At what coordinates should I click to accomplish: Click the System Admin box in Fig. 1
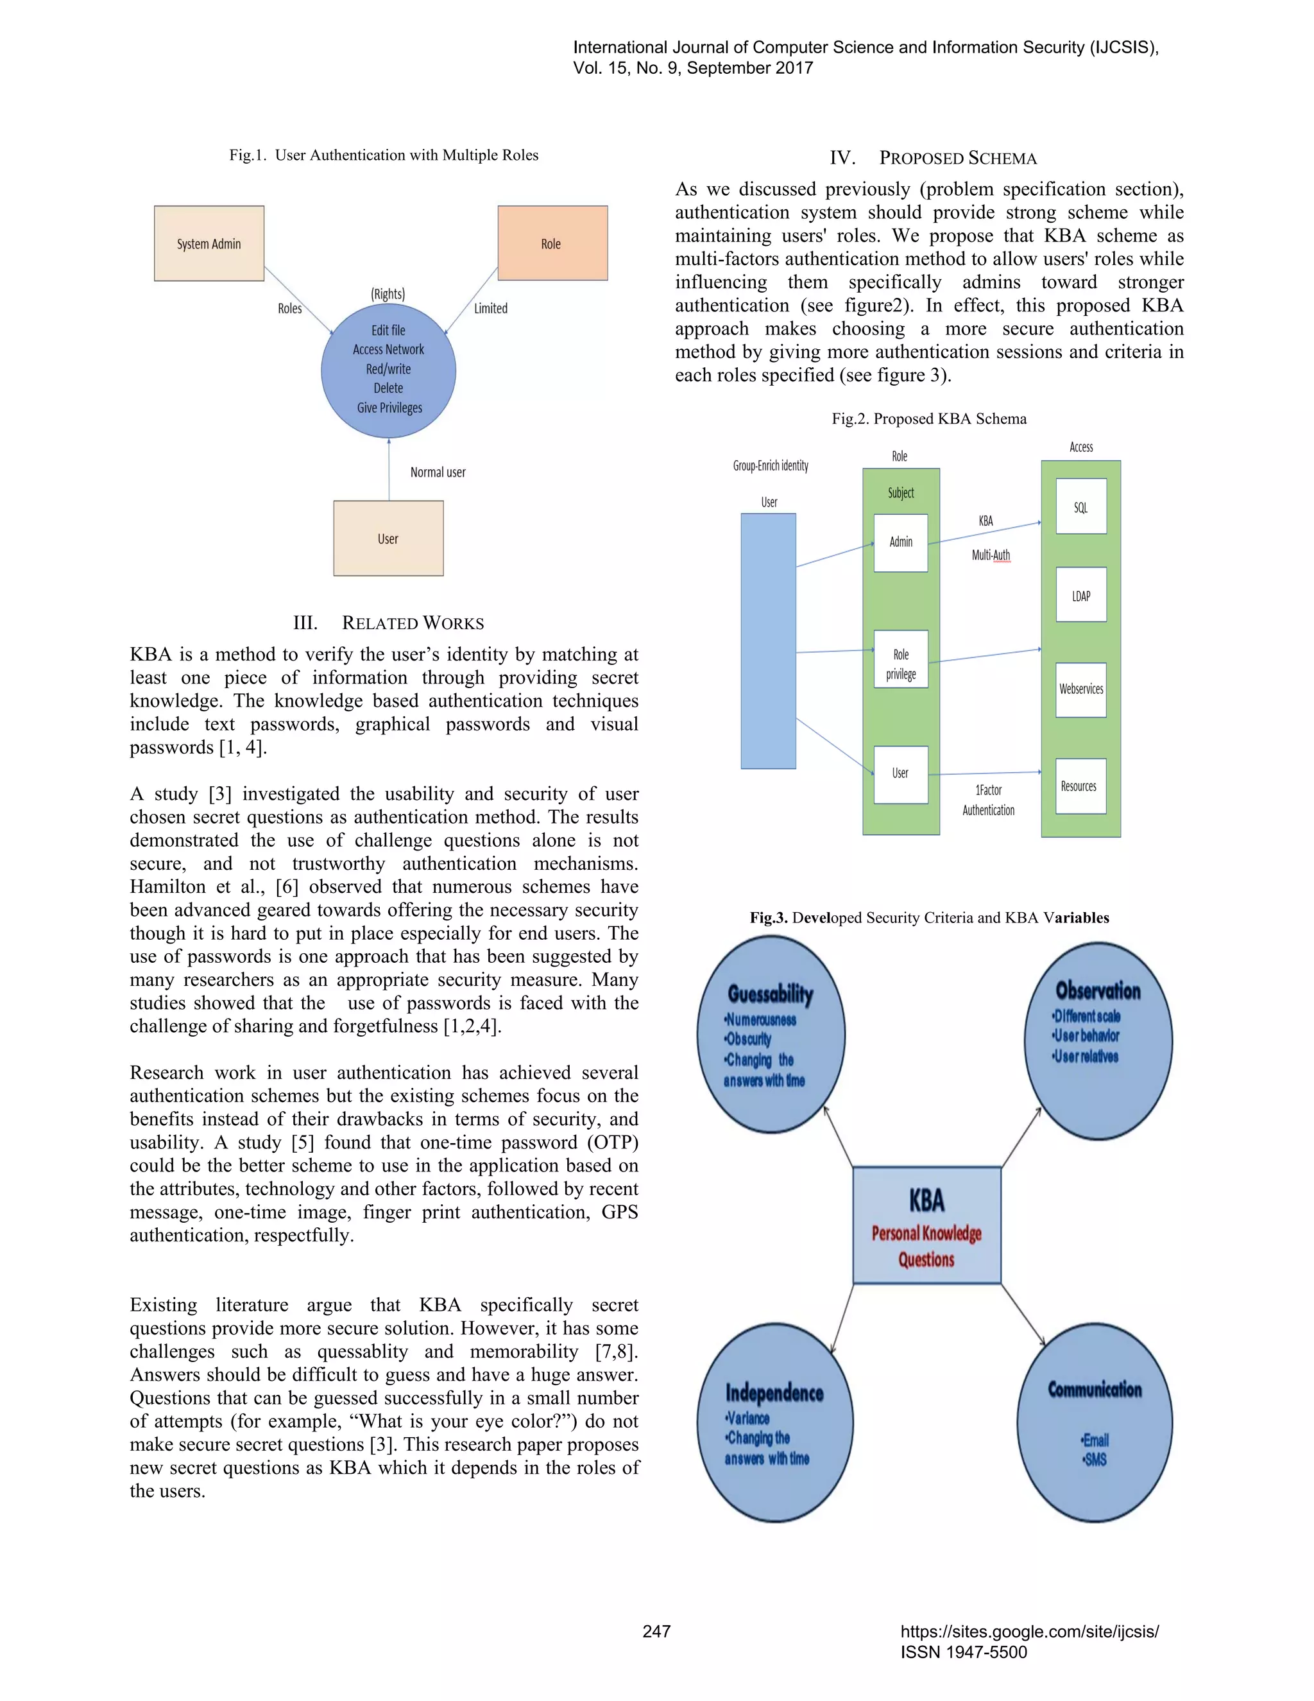tap(209, 243)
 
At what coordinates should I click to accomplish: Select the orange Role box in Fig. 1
tap(552, 243)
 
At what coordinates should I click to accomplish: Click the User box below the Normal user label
tap(388, 538)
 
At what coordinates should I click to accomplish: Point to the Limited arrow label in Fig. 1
tap(490, 308)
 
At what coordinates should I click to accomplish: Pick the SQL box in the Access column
tap(1080, 506)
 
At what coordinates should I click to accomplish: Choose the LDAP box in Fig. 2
tap(1080, 595)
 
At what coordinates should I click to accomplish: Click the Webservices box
tap(1080, 689)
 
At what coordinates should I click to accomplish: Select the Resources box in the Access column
tap(1080, 786)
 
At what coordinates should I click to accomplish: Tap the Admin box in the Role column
tap(901, 542)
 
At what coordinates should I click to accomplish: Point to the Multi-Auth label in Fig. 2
tap(990, 555)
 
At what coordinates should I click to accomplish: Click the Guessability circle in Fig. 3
tap(770, 1034)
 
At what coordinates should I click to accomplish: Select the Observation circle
tap(1098, 1040)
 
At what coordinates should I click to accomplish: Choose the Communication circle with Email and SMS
tap(1095, 1422)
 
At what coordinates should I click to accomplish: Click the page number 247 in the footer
tap(656, 1631)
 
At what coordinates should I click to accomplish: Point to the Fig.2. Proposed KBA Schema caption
tap(928, 419)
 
